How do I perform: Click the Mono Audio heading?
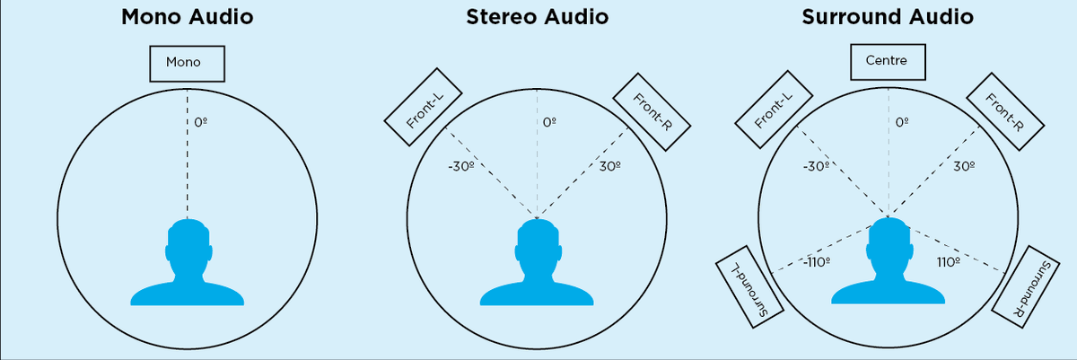[x=187, y=17]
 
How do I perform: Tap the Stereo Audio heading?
[x=537, y=17]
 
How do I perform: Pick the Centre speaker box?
[x=886, y=61]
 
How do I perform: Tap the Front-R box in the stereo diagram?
[x=651, y=111]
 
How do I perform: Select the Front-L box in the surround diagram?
[x=773, y=111]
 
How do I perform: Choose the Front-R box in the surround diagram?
[x=1003, y=111]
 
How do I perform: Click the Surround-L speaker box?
[x=751, y=287]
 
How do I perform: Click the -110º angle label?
[x=816, y=263]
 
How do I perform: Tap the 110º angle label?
[x=948, y=262]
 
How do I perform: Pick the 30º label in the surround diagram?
[x=963, y=166]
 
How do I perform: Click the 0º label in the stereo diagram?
[x=550, y=121]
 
